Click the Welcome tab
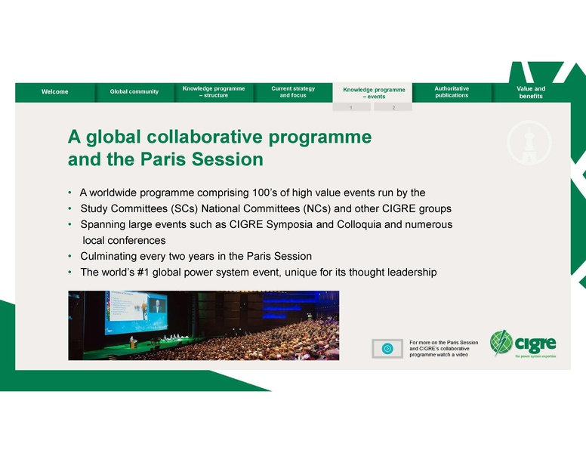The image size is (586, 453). click(54, 91)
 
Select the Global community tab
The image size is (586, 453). click(134, 91)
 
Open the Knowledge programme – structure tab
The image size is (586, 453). click(213, 91)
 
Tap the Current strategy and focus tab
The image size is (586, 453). click(293, 91)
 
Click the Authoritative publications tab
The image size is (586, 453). click(452, 91)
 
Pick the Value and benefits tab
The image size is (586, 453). click(530, 91)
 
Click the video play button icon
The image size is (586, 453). click(387, 348)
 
